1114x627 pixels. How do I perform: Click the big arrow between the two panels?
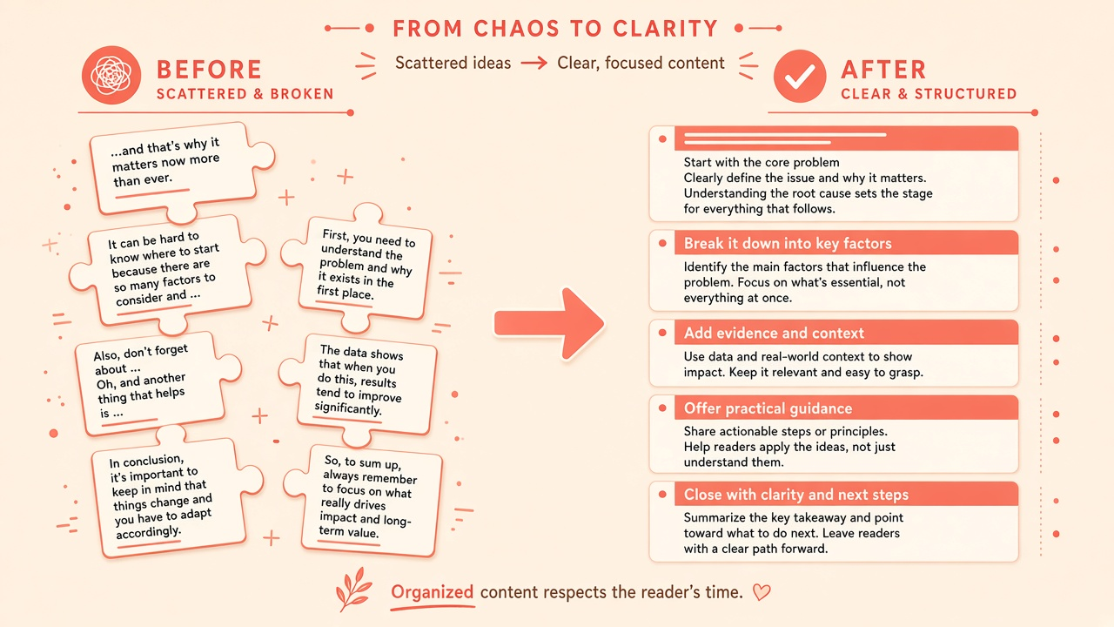549,323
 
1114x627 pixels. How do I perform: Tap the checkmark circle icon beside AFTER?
800,76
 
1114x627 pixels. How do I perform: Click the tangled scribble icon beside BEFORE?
111,75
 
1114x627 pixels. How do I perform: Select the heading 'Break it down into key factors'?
788,243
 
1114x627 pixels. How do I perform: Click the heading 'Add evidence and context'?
774,333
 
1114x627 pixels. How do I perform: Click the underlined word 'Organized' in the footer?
433,592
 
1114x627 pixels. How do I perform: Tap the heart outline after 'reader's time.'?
761,592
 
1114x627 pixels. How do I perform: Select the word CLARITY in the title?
666,29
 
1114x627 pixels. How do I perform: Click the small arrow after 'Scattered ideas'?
534,64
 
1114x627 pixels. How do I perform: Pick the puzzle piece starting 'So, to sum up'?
364,499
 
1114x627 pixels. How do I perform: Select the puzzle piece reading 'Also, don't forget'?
154,383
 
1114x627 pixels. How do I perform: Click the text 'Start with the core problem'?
762,162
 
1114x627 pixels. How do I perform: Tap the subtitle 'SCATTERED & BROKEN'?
245,94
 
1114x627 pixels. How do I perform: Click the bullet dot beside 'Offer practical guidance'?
662,408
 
